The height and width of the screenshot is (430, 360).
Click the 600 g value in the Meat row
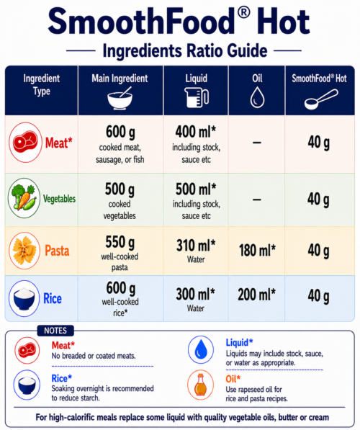point(120,132)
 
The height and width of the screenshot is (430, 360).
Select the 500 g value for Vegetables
point(120,189)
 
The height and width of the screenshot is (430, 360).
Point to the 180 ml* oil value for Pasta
point(257,250)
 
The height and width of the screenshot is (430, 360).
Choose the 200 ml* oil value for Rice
point(256,295)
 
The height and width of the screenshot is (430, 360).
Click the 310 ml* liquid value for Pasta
point(196,246)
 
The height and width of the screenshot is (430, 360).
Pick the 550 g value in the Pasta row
point(120,243)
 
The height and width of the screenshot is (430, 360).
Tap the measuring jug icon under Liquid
point(197,97)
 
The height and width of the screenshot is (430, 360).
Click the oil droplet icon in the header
point(257,97)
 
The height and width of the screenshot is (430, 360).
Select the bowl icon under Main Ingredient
point(120,98)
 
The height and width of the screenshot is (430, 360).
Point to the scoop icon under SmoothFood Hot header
point(321,99)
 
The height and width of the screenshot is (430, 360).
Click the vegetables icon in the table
point(24,198)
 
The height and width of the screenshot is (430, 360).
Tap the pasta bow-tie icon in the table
point(24,251)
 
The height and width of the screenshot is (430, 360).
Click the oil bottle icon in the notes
point(200,385)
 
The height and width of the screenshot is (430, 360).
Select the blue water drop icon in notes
point(201,349)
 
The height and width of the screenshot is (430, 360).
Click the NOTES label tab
point(55,331)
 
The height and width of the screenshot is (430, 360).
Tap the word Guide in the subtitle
point(247,50)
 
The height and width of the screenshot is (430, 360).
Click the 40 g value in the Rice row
point(318,296)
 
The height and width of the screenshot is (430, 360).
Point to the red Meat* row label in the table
point(58,143)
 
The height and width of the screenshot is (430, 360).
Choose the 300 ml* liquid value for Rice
point(196,295)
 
